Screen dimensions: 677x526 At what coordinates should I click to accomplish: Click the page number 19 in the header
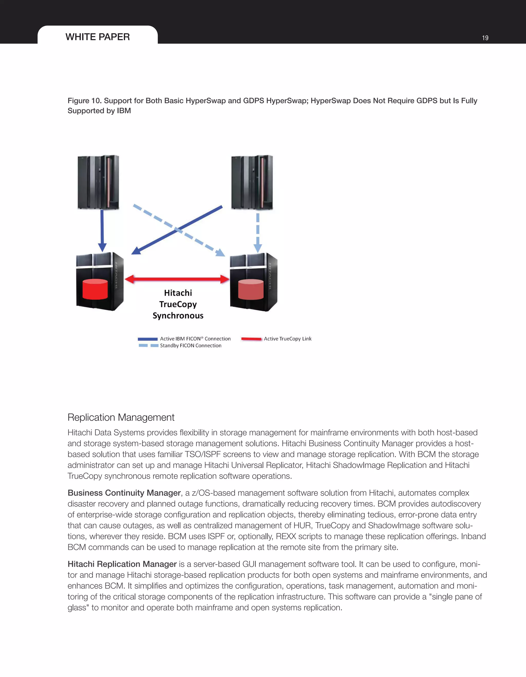coord(485,38)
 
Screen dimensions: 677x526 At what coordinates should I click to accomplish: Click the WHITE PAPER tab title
coord(98,37)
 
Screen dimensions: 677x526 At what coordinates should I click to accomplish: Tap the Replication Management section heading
coord(121,417)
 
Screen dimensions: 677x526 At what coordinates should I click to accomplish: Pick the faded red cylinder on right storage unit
coord(251,290)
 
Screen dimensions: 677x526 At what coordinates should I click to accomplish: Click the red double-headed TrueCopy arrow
coord(177,279)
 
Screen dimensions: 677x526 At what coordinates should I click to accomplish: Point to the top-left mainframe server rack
coord(98,182)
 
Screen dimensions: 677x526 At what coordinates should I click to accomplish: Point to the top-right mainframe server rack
coord(252,182)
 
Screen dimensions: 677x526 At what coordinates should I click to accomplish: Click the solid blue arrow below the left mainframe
coord(102,231)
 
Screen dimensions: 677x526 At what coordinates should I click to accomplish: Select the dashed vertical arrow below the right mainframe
coord(258,232)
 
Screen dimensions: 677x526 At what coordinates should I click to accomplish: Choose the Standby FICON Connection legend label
coord(190,345)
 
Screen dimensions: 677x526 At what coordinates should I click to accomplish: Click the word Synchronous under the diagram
coord(178,315)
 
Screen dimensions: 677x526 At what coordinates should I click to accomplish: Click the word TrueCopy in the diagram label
coord(178,304)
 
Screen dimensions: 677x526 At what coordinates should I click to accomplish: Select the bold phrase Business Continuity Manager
coord(124,493)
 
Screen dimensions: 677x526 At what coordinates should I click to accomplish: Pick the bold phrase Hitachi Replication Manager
coord(122,564)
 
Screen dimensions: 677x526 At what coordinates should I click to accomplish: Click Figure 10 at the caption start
coord(84,101)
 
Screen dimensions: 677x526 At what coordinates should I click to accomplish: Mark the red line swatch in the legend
coord(251,339)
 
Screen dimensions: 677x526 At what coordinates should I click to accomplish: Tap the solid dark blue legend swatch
coord(148,339)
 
